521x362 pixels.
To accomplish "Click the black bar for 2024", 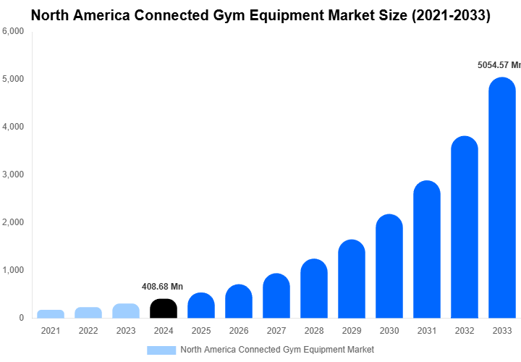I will coord(164,308).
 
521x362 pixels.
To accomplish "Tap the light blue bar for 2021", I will coord(51,313).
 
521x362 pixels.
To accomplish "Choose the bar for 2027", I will coord(276,296).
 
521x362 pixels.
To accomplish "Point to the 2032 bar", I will coord(465,227).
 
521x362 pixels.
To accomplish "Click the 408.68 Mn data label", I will coord(162,287).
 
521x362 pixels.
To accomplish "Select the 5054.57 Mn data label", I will coord(498,65).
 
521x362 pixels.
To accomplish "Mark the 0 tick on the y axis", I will coord(21,318).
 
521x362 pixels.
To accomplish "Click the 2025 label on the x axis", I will coord(201,332).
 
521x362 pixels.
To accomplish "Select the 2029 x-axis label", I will coord(352,332).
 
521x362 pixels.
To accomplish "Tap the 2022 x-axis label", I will coord(88,332).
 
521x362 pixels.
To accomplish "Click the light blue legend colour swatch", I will coord(161,350).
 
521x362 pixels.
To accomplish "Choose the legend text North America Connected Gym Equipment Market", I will coord(277,350).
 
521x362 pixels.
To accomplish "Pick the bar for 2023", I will coord(126,311).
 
